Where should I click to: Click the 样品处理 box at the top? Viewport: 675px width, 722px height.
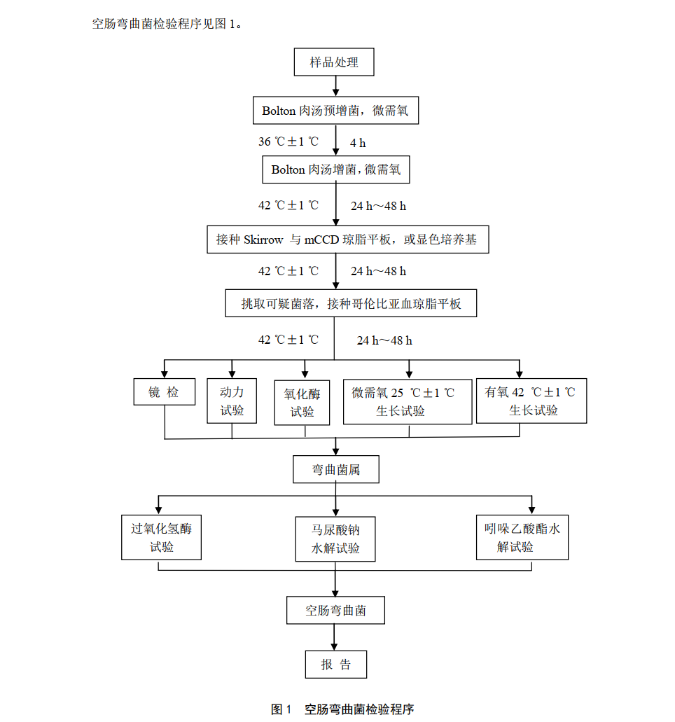pyautogui.click(x=334, y=62)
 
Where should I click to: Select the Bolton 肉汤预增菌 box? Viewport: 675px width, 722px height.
pyautogui.click(x=335, y=111)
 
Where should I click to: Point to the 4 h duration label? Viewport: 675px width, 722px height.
pyautogui.click(x=358, y=143)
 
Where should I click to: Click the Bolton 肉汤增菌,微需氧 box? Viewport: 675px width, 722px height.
pyautogui.click(x=335, y=169)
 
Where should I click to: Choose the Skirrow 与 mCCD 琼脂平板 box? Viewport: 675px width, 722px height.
pyautogui.click(x=347, y=239)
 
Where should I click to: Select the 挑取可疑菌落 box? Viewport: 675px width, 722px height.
pyautogui.click(x=351, y=304)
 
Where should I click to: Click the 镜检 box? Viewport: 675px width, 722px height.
pyautogui.click(x=164, y=392)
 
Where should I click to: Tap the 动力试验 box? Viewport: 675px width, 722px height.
pyautogui.click(x=232, y=401)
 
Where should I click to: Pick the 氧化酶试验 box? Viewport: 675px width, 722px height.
pyautogui.click(x=303, y=403)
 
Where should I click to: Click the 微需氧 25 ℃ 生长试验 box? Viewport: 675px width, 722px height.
pyautogui.click(x=407, y=401)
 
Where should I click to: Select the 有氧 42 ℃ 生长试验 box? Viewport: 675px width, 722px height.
pyautogui.click(x=530, y=401)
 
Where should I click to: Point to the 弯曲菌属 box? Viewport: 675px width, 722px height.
pyautogui.click(x=335, y=469)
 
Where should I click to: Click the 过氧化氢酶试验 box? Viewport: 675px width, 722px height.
pyautogui.click(x=161, y=538)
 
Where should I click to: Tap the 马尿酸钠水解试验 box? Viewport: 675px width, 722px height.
pyautogui.click(x=335, y=539)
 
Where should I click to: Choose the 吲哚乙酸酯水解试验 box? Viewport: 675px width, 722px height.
pyautogui.click(x=522, y=538)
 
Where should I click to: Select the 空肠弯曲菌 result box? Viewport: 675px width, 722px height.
pyautogui.click(x=335, y=610)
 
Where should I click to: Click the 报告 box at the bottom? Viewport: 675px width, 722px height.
pyautogui.click(x=335, y=665)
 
